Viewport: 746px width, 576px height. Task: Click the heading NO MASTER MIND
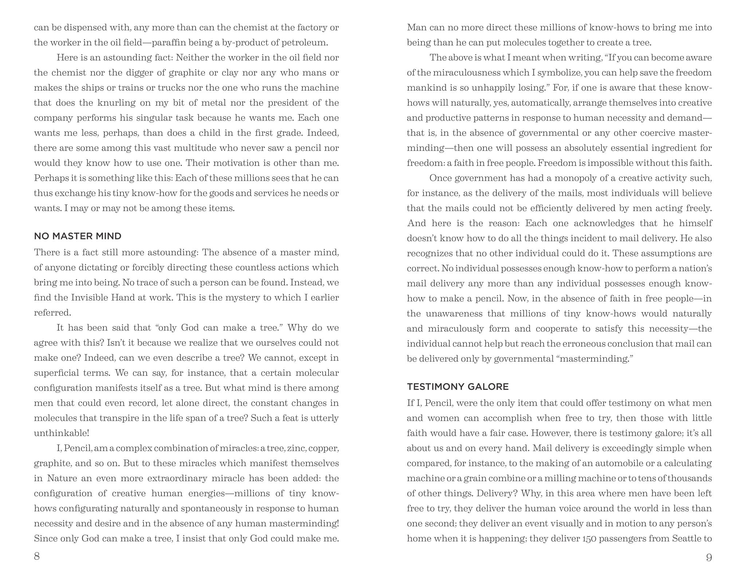[x=78, y=236]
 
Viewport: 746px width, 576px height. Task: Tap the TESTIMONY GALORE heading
[x=458, y=387]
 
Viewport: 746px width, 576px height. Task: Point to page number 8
[x=37, y=557]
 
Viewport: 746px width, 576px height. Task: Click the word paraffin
[x=168, y=43]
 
